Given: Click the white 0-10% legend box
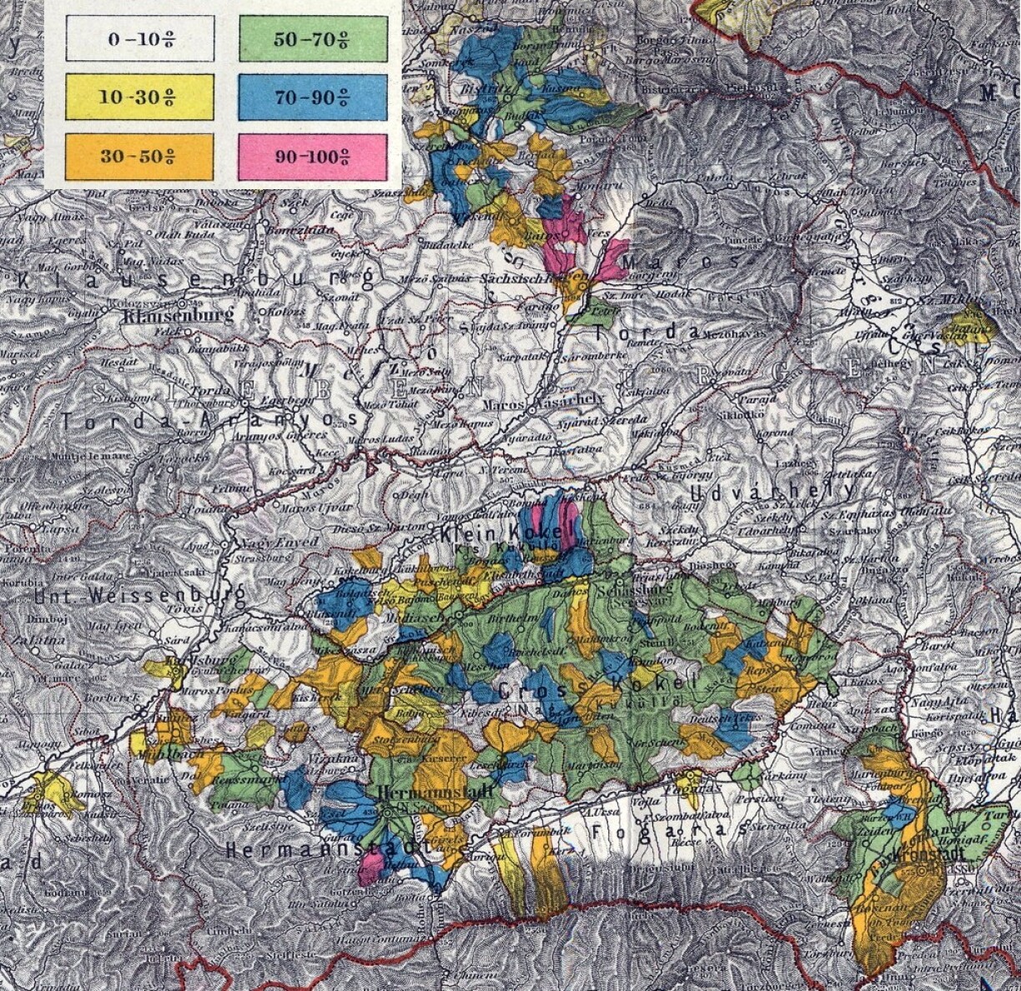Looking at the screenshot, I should click(x=139, y=39).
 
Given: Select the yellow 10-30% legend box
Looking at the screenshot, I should click(x=139, y=97).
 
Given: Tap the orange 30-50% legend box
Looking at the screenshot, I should click(x=139, y=156).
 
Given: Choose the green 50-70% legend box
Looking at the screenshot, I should click(x=313, y=39).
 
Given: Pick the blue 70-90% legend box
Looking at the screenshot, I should click(x=313, y=97).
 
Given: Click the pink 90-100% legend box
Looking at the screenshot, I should click(x=313, y=156).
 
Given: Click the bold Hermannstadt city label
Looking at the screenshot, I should click(x=435, y=792).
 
